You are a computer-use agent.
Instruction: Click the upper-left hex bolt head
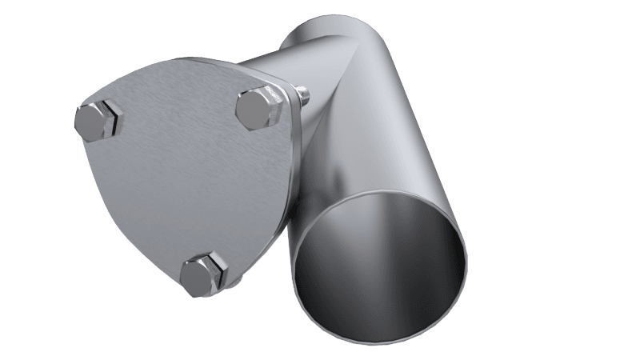(100, 122)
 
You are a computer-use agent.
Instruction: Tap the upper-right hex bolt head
(258, 106)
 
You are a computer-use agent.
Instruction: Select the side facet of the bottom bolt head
(192, 284)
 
